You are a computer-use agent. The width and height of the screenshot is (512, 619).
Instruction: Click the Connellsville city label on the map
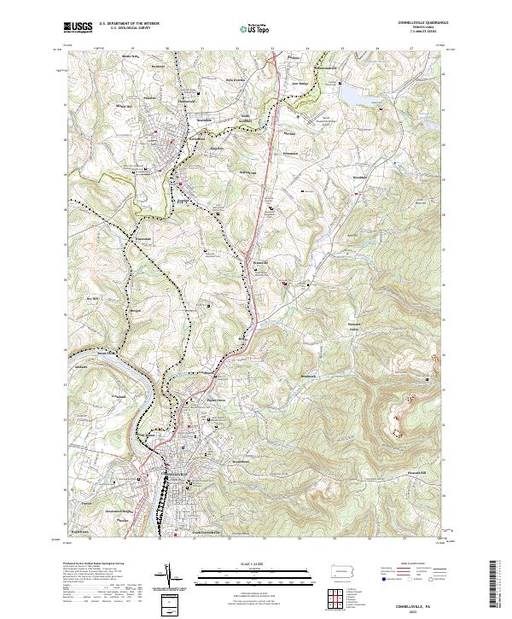point(169,472)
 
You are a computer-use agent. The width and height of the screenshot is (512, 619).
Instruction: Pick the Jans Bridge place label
point(297,84)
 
